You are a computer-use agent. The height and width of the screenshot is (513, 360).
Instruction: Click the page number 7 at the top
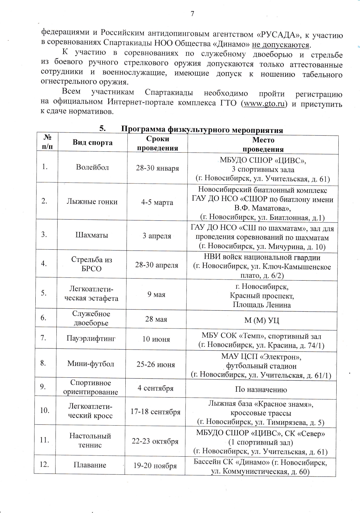click(x=192, y=13)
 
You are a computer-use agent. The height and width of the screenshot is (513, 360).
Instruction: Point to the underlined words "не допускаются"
click(x=281, y=45)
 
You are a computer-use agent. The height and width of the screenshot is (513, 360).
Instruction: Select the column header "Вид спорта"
click(x=92, y=143)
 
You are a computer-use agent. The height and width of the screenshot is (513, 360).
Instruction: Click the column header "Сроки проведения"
click(x=157, y=143)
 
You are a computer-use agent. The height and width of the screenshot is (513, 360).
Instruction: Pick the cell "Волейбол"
click(x=92, y=167)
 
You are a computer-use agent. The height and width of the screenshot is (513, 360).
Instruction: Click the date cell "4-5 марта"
click(x=157, y=202)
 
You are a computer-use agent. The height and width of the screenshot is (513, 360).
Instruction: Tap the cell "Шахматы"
click(x=92, y=235)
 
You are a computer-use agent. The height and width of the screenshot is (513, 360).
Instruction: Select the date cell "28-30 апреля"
click(x=157, y=265)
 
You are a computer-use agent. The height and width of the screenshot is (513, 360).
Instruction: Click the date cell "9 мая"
click(x=157, y=294)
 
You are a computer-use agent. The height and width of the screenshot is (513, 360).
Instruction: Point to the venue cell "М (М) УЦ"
click(x=262, y=320)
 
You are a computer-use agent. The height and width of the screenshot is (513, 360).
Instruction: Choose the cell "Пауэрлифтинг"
click(x=91, y=339)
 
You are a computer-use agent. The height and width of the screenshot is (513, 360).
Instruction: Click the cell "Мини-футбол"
click(x=91, y=364)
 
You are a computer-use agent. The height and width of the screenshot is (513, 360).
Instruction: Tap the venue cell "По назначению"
click(x=261, y=389)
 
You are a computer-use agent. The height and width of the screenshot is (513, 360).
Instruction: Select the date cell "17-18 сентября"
click(x=155, y=412)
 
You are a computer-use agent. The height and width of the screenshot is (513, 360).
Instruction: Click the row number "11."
click(x=44, y=440)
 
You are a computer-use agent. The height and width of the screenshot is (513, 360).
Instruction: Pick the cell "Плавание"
click(x=90, y=465)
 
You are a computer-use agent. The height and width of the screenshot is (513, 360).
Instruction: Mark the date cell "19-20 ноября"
click(x=155, y=466)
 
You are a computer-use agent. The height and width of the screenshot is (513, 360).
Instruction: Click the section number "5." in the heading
click(x=102, y=128)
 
